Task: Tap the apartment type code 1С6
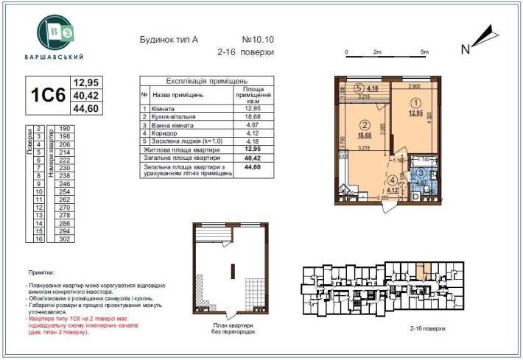[x=48, y=96]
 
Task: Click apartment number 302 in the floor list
[x=63, y=239]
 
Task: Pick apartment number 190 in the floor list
[x=63, y=128]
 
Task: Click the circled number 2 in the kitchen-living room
[x=363, y=124]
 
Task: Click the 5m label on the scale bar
[x=424, y=53]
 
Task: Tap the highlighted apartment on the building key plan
[x=420, y=277]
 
